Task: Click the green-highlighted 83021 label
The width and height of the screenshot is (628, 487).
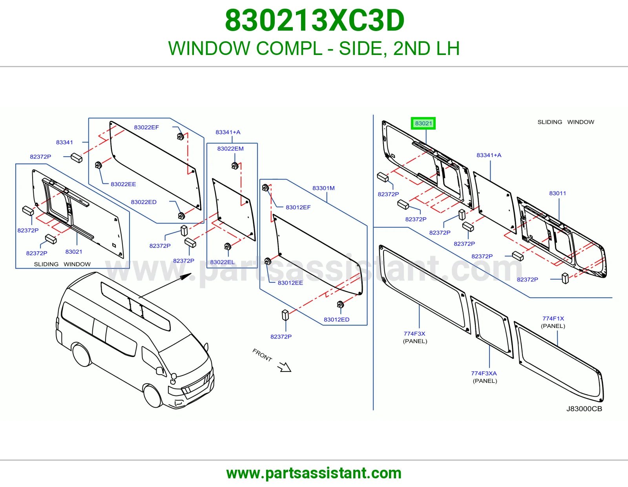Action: (x=423, y=123)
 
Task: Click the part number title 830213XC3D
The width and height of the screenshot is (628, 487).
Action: (x=314, y=20)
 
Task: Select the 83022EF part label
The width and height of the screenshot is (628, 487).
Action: (x=146, y=127)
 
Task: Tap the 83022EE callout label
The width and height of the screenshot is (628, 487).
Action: (x=123, y=184)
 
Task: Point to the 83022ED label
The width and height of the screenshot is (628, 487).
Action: (x=144, y=202)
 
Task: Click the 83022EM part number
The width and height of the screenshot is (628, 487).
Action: (x=230, y=148)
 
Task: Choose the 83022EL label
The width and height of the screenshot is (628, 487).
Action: (x=222, y=262)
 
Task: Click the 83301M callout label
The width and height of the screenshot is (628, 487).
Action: (x=323, y=188)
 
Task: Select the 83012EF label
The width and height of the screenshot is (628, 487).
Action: (x=298, y=207)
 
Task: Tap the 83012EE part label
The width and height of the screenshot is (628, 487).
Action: (x=290, y=283)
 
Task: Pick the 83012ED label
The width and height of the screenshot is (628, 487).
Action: (x=336, y=320)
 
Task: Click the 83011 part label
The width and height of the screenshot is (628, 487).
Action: (x=557, y=193)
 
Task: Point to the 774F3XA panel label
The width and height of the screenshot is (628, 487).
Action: (x=485, y=377)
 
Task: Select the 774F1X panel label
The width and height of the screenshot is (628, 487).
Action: (x=553, y=322)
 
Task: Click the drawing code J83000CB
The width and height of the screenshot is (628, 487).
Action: (x=584, y=408)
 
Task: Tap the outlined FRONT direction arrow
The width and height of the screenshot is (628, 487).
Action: (x=285, y=367)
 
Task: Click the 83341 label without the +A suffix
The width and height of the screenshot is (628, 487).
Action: (x=64, y=142)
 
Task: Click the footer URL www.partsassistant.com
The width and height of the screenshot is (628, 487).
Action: (x=314, y=473)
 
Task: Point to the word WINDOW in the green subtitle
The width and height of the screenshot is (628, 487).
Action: (x=209, y=48)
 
